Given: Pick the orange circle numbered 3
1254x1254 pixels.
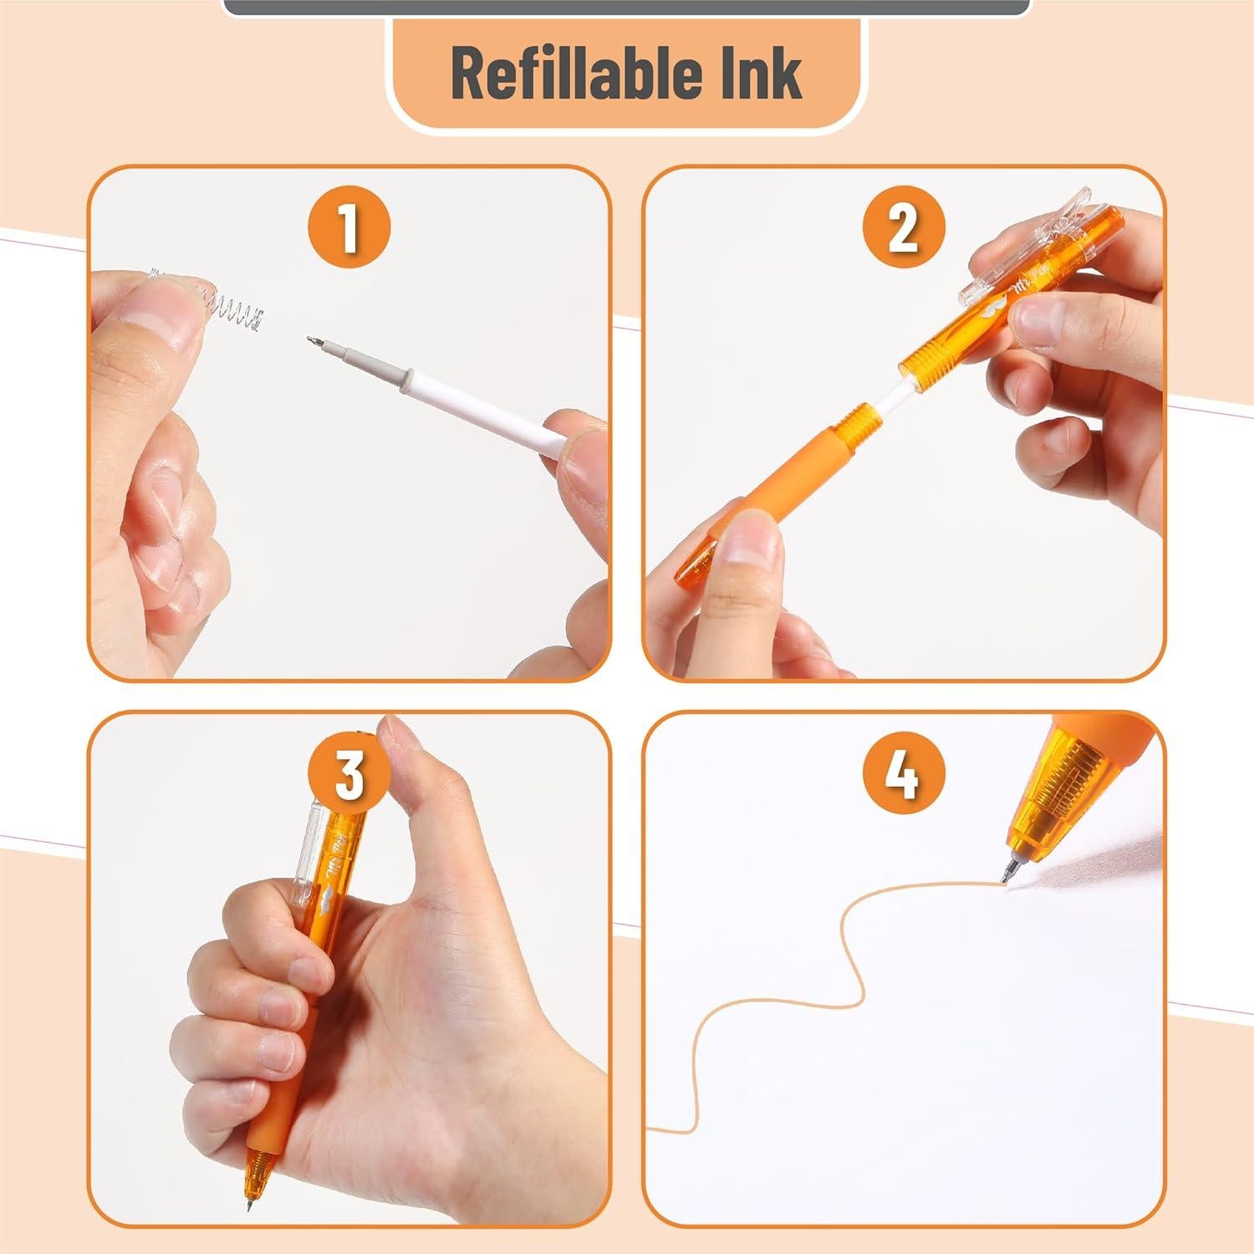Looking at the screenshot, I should pos(349,774).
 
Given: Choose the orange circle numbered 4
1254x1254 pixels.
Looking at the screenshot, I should pos(904,774).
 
